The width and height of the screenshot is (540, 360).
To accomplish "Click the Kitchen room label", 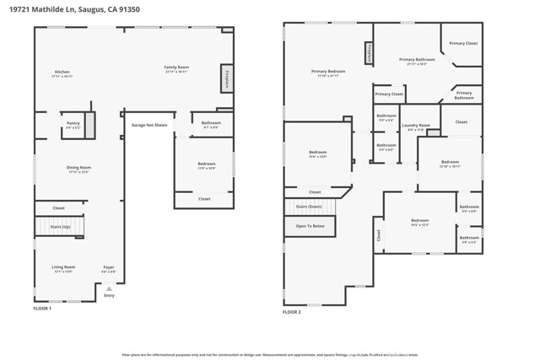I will point(62,73).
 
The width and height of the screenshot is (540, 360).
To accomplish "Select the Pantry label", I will point(73,125).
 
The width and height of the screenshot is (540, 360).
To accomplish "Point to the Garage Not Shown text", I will point(148,125).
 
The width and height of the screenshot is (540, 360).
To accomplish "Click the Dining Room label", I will point(78,169).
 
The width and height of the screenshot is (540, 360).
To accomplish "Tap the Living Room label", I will point(63,268).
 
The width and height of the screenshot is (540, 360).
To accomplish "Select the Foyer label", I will point(109,268).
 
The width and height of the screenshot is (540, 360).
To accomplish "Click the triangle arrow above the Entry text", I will point(109,288).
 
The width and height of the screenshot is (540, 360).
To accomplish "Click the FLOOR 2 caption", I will point(292,312).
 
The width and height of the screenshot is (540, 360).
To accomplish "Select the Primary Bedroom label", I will point(328,73).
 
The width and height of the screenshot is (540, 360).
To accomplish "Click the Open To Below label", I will point(310,226).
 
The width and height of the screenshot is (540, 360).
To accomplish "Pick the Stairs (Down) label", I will point(309,207).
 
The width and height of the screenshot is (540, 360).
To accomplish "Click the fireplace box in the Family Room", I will point(227,78).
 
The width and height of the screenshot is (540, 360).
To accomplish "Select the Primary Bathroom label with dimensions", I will point(417,62).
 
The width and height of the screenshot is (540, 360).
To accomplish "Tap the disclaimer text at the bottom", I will point(270,355).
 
